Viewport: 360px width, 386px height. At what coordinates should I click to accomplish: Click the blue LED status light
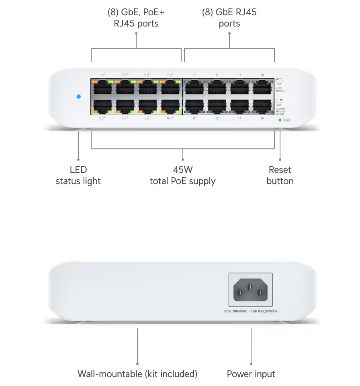[79, 96]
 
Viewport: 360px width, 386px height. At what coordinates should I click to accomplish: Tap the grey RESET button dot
[280, 120]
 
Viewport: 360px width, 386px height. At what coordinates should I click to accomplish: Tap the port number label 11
[217, 75]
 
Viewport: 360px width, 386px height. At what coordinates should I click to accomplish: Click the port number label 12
[217, 118]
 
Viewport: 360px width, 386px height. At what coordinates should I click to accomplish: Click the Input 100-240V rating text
[250, 311]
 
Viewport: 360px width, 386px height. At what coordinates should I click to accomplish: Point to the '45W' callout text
[183, 170]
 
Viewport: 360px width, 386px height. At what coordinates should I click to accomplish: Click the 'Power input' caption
[251, 374]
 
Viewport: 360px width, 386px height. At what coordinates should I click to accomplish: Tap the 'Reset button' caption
[280, 175]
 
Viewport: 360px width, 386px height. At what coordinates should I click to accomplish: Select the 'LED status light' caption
[78, 175]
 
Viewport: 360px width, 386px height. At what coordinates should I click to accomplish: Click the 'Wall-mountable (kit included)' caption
[137, 374]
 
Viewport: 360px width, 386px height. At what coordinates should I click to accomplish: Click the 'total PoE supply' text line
[183, 181]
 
